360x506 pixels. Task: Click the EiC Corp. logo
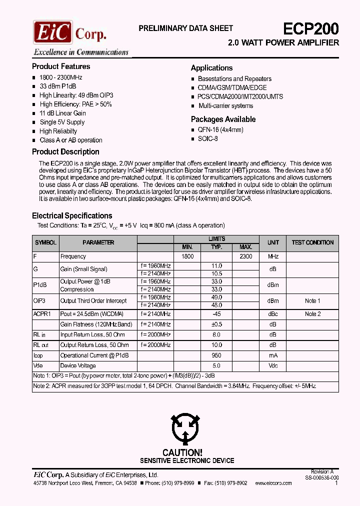tap(70, 32)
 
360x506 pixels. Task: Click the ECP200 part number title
tap(311, 28)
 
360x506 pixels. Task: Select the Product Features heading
tap(61, 66)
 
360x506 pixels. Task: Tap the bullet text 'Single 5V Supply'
tap(62, 122)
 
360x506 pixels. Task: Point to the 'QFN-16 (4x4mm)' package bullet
tap(220, 129)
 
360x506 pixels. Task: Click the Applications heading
tap(211, 68)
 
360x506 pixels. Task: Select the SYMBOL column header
tap(45, 242)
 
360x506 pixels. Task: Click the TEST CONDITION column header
tap(312, 242)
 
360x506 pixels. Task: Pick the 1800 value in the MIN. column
tap(187, 256)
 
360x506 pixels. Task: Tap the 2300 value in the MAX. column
tap(245, 256)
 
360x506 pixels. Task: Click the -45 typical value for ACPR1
tap(216, 314)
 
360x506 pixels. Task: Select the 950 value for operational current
tap(216, 355)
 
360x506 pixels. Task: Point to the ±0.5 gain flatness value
tap(216, 324)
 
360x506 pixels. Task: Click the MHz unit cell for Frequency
tap(273, 256)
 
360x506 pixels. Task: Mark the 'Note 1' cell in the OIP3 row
tap(312, 301)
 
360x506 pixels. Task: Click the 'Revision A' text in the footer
tap(322, 471)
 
